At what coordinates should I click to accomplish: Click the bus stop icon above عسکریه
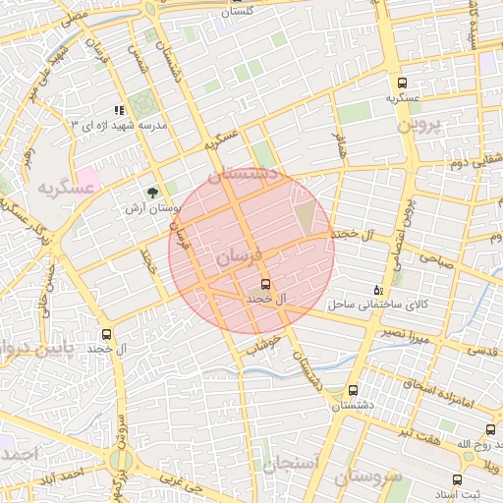pyautogui.click(x=403, y=84)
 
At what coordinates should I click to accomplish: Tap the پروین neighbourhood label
pyautogui.click(x=421, y=127)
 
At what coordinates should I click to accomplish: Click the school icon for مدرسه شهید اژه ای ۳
pyautogui.click(x=119, y=111)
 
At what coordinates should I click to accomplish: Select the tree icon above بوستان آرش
pyautogui.click(x=151, y=194)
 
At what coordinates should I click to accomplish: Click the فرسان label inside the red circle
pyautogui.click(x=238, y=257)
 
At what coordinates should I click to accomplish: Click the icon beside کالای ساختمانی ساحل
pyautogui.click(x=379, y=290)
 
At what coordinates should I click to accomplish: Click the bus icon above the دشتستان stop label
pyautogui.click(x=353, y=390)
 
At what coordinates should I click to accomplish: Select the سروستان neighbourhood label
pyautogui.click(x=367, y=478)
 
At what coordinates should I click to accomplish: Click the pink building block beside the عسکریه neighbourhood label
pyautogui.click(x=86, y=181)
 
